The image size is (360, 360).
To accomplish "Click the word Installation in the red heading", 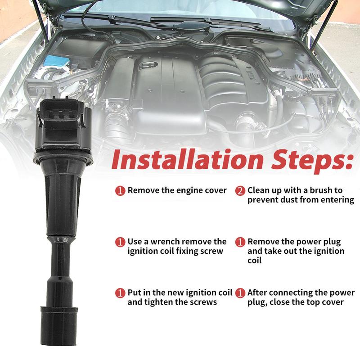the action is pyautogui.click(x=187, y=160).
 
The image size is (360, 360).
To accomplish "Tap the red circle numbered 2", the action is pyautogui.click(x=240, y=191).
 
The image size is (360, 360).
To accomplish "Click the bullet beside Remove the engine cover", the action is pyautogui.click(x=120, y=191).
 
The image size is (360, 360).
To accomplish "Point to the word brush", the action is pyautogui.click(x=320, y=190).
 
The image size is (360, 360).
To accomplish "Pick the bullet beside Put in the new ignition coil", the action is pyautogui.click(x=120, y=293).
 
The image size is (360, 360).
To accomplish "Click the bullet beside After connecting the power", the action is pyautogui.click(x=240, y=293).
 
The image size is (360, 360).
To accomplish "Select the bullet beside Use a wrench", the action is pyautogui.click(x=120, y=242).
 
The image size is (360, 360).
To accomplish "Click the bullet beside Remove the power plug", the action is pyautogui.click(x=240, y=242).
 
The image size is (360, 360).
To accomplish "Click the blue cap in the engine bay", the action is pyautogui.click(x=57, y=60).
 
